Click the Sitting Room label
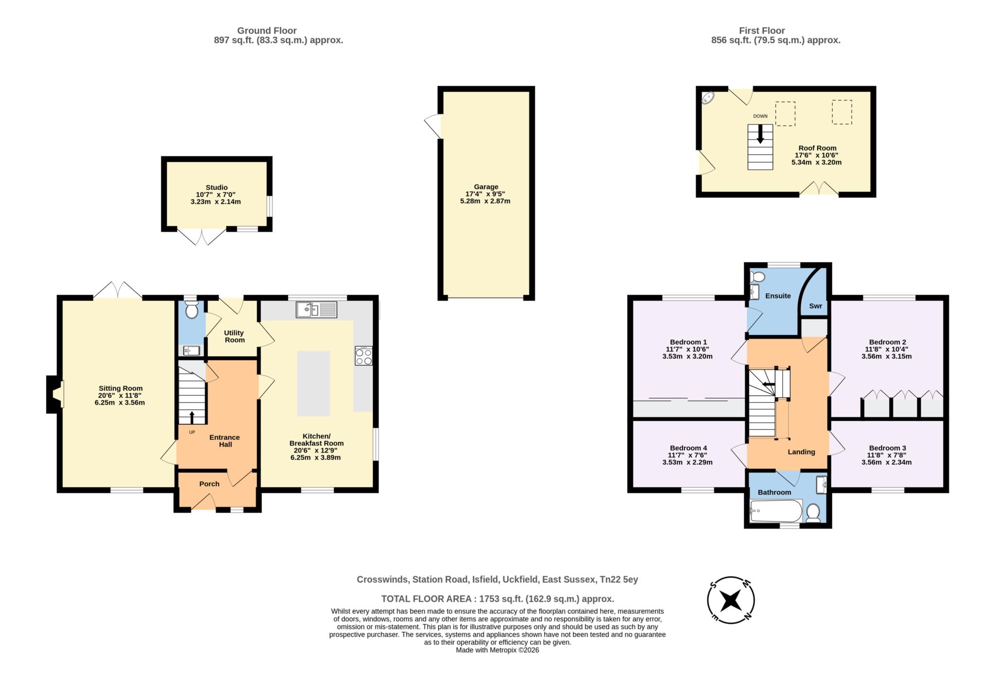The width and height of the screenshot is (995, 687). point(120,388)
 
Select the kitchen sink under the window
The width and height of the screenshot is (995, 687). point(316,309)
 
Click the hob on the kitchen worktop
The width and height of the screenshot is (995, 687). point(363,356)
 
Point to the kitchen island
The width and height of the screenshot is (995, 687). point(313,383)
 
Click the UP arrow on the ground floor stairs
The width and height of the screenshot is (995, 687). point(191,417)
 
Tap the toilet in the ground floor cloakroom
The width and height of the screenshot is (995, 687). point(191,309)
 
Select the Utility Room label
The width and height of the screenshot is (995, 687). point(234,336)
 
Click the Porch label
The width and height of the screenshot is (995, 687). point(209,484)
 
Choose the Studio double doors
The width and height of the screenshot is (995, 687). point(202,236)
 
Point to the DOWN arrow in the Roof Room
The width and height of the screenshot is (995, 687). point(760,134)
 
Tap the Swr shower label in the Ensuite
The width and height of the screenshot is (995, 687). point(815,306)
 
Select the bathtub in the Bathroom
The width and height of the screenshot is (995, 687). point(775,511)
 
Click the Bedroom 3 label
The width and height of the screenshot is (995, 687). point(887,448)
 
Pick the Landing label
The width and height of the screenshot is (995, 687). point(801,452)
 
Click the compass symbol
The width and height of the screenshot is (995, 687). point(731,600)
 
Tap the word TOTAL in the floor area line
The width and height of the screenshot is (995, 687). point(396,599)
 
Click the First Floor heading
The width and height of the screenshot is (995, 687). point(762,31)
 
